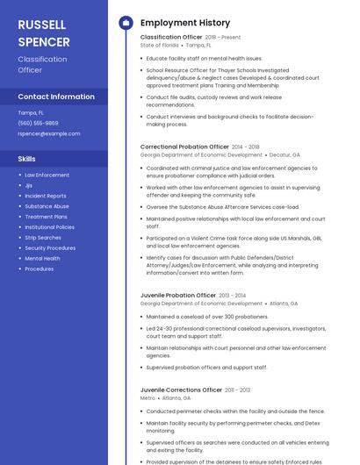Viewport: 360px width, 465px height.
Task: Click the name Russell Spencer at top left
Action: pos(44,32)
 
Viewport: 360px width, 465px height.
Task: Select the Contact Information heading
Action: pos(56,97)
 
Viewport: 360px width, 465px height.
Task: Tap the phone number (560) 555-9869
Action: pos(38,123)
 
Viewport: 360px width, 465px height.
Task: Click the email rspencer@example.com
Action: pos(48,133)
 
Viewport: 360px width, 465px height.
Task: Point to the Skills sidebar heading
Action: pos(26,159)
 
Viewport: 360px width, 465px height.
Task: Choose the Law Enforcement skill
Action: pos(47,175)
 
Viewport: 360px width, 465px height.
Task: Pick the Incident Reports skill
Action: pos(45,196)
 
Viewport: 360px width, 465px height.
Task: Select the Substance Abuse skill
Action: pos(47,206)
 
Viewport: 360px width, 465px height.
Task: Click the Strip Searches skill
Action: pos(43,238)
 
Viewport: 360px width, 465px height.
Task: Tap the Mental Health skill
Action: pos(42,259)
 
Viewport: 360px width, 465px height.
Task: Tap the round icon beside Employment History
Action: pos(125,23)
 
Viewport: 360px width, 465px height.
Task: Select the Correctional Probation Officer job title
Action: pos(184,147)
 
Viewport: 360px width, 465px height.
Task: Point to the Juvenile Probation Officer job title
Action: pos(178,296)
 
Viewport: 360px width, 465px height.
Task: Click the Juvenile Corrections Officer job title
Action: pos(181,390)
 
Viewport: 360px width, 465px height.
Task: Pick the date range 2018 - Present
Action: pos(223,38)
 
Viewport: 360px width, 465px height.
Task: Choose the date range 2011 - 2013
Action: pos(237,390)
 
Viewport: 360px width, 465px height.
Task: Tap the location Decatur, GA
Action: pos(284,154)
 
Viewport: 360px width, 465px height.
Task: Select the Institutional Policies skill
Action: pos(49,227)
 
